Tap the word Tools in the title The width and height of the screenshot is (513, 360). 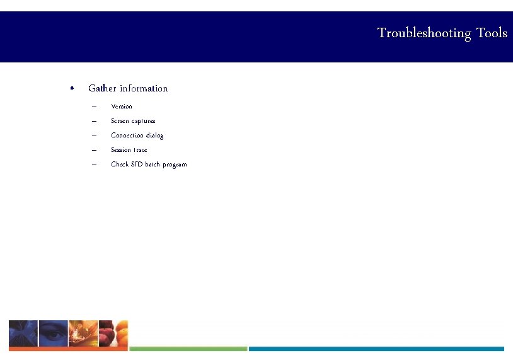tap(492, 33)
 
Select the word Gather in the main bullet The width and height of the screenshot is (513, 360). tap(102, 88)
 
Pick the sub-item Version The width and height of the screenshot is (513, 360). tap(122, 107)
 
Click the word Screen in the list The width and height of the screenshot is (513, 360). tap(120, 121)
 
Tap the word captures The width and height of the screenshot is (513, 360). tap(144, 121)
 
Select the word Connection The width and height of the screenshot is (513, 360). tap(127, 136)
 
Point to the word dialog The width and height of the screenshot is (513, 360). tap(154, 136)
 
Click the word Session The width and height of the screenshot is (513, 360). tap(120, 150)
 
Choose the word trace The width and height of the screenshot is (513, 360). tap(140, 150)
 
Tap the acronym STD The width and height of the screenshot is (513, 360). tap(136, 165)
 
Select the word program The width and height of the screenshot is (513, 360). tap(175, 165)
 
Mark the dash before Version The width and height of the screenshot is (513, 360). tap(93, 107)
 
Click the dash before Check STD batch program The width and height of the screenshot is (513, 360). tap(93, 165)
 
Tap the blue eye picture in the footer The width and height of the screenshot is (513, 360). tap(54, 333)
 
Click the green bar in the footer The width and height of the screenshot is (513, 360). tap(188, 349)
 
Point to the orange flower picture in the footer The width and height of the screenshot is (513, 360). tap(83, 333)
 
